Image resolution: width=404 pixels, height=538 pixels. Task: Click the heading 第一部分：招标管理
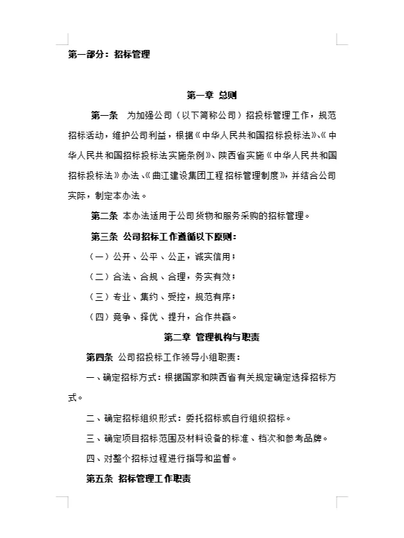coord(109,54)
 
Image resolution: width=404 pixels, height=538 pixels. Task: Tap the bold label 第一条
coord(106,114)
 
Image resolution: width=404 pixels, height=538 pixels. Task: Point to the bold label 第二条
coord(105,216)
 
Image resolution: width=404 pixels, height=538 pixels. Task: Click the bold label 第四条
coord(99,358)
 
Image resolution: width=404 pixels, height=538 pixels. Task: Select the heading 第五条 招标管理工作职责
coord(139,478)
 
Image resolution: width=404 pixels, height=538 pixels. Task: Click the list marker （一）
coord(101,257)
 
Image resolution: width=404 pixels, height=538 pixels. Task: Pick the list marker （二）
coord(101,277)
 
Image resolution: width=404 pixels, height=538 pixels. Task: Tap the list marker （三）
coord(101,297)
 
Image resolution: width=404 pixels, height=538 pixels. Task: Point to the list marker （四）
coord(101,318)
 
